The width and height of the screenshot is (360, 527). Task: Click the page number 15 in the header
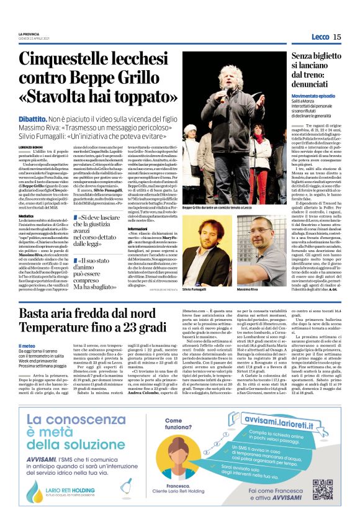[337, 37]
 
